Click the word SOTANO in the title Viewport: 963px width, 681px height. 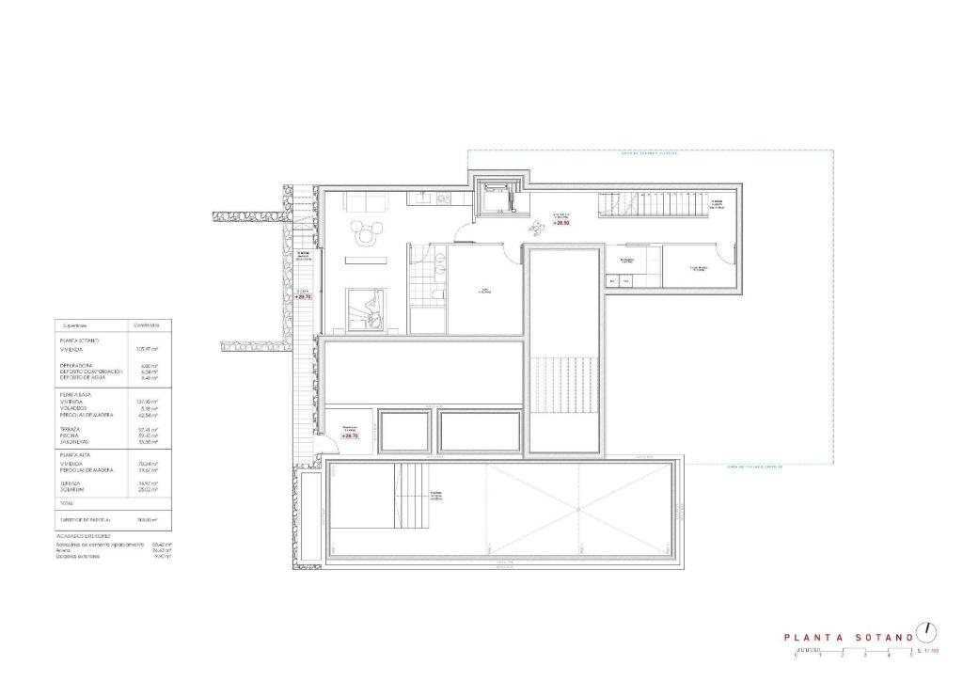[x=883, y=638]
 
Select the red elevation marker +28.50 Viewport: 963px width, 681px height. [x=561, y=222]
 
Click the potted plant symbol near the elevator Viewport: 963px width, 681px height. [x=538, y=226]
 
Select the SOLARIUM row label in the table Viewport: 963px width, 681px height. [x=74, y=489]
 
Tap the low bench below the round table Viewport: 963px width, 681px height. [x=366, y=259]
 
